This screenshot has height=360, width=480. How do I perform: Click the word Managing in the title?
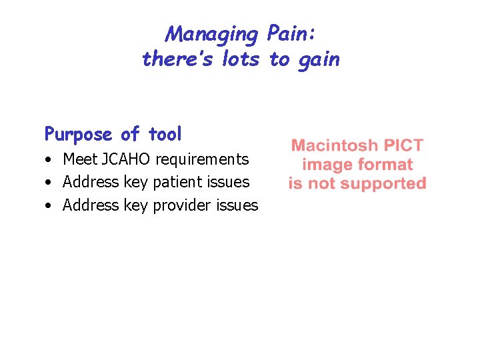tap(212, 34)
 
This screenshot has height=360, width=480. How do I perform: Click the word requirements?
tap(202, 160)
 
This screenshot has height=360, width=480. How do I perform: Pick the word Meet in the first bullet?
tap(79, 159)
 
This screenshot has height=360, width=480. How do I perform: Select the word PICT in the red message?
tap(401, 145)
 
